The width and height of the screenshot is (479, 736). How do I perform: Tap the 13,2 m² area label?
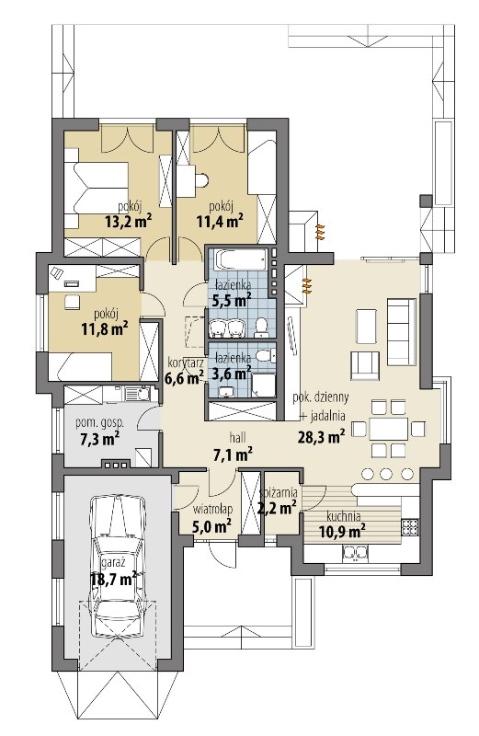pos(128,221)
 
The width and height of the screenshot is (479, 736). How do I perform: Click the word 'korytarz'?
pos(186,362)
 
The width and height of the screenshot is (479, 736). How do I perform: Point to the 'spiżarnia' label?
pos(279,493)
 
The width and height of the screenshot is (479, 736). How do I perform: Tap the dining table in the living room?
pos(389,428)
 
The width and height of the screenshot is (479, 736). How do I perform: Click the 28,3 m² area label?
pos(322,436)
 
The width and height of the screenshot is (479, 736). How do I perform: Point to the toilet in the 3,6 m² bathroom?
pos(266,356)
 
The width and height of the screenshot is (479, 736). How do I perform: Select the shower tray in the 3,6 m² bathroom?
pos(264,385)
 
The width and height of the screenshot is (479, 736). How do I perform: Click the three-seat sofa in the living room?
pos(401,332)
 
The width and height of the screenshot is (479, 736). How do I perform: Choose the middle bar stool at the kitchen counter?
pos(385,474)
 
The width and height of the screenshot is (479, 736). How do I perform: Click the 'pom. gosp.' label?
pos(100,423)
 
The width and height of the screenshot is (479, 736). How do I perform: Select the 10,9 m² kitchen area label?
pos(343,532)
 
